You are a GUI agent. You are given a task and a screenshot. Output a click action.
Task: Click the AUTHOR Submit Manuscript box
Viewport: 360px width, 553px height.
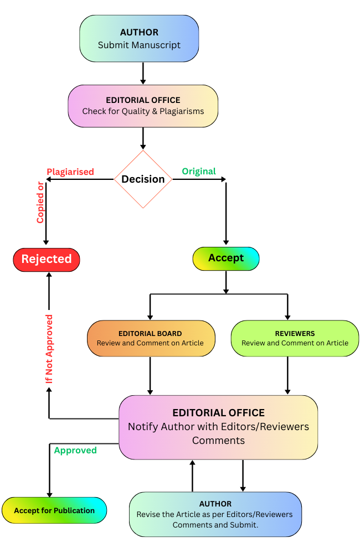139,38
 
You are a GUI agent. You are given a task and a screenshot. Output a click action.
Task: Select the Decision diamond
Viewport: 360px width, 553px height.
143,179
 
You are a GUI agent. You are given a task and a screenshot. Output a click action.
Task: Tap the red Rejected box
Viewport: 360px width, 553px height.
47,259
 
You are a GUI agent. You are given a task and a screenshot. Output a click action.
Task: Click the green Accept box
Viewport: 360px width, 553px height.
226,259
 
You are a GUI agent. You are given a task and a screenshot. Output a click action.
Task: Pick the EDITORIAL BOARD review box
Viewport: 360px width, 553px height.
151,338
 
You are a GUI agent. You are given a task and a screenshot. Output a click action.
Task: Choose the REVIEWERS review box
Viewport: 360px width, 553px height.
295,338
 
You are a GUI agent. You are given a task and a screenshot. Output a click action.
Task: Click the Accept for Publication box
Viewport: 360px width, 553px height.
54,510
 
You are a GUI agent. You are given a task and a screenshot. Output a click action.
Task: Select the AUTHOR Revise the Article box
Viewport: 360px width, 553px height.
215,514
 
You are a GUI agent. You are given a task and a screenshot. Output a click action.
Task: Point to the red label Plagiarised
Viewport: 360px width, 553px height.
70,172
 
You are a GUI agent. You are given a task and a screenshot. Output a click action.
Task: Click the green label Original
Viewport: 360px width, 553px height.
199,172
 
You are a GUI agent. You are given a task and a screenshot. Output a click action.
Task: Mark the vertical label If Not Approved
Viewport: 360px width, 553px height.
49,349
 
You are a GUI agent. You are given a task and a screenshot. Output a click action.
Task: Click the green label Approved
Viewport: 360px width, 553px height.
75,451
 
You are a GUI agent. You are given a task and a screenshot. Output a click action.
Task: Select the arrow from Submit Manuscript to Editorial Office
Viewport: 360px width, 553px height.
143,73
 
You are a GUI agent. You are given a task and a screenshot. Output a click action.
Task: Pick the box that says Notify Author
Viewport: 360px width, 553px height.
218,427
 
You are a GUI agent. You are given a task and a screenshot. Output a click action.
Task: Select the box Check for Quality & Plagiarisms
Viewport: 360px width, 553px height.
143,106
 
